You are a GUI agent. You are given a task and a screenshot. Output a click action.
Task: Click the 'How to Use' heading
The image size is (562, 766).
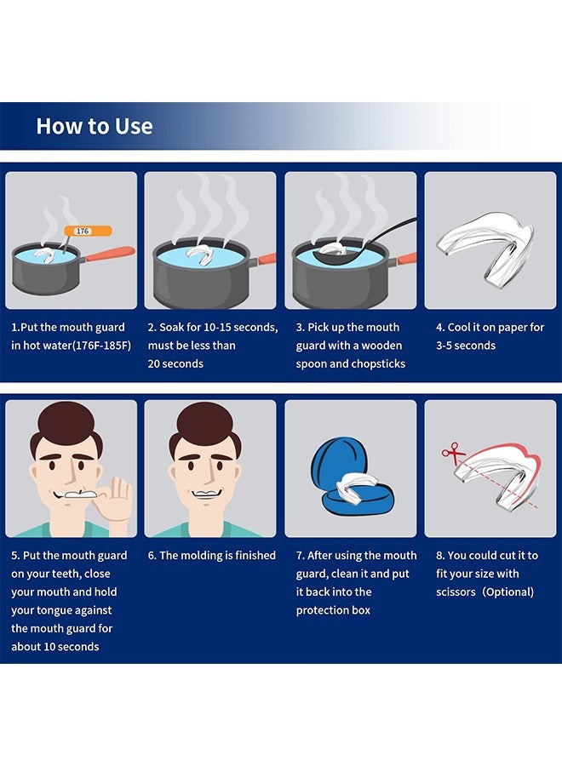(x=94, y=126)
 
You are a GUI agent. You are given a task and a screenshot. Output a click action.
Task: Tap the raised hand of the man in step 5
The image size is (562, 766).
(x=118, y=497)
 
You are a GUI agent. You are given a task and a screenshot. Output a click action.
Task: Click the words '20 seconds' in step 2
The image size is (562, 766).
(x=175, y=363)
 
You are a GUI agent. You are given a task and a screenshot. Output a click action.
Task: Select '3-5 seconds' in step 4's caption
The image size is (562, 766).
(x=466, y=346)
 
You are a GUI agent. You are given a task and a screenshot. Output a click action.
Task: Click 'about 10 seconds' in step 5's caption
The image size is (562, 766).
(x=55, y=647)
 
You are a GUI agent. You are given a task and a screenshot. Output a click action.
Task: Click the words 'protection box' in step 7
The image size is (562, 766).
(x=334, y=610)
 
